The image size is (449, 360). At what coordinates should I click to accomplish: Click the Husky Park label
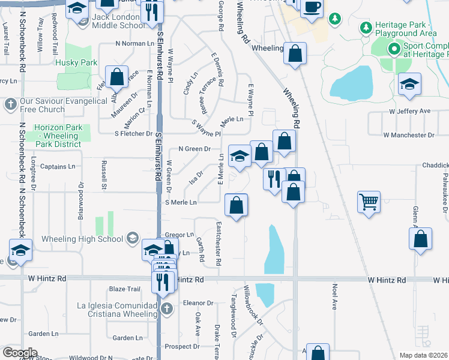76,62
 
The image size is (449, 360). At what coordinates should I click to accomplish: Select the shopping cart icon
369,202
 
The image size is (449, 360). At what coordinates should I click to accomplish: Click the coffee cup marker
311,8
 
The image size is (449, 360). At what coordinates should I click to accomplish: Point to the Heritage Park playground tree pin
366,28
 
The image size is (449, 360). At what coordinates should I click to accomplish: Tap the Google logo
20,353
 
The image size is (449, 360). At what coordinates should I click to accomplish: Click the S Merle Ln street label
181,203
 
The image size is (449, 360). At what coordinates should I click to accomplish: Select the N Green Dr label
195,149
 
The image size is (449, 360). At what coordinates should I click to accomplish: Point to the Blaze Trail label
124,289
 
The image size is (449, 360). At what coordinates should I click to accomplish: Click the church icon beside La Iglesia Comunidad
167,309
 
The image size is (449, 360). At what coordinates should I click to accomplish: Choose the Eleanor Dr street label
198,303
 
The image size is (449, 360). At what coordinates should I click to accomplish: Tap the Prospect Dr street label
182,346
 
